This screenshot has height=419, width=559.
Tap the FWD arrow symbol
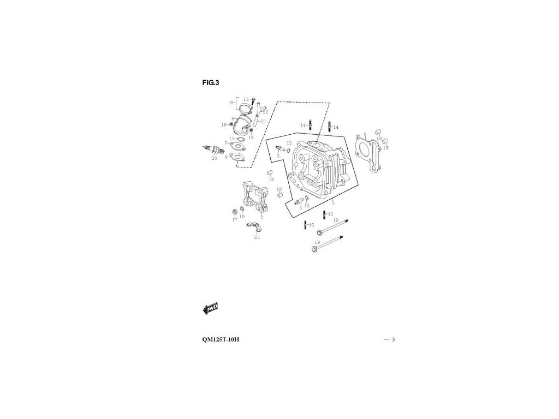pos(211,308)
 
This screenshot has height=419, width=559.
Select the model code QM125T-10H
pos(220,340)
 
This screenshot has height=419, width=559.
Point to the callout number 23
pos(257,237)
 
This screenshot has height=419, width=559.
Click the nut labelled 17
pos(235,211)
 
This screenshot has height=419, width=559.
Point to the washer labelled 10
pos(242,210)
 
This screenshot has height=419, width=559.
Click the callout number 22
pos(265,112)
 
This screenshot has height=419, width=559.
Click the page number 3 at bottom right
pos(393,340)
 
